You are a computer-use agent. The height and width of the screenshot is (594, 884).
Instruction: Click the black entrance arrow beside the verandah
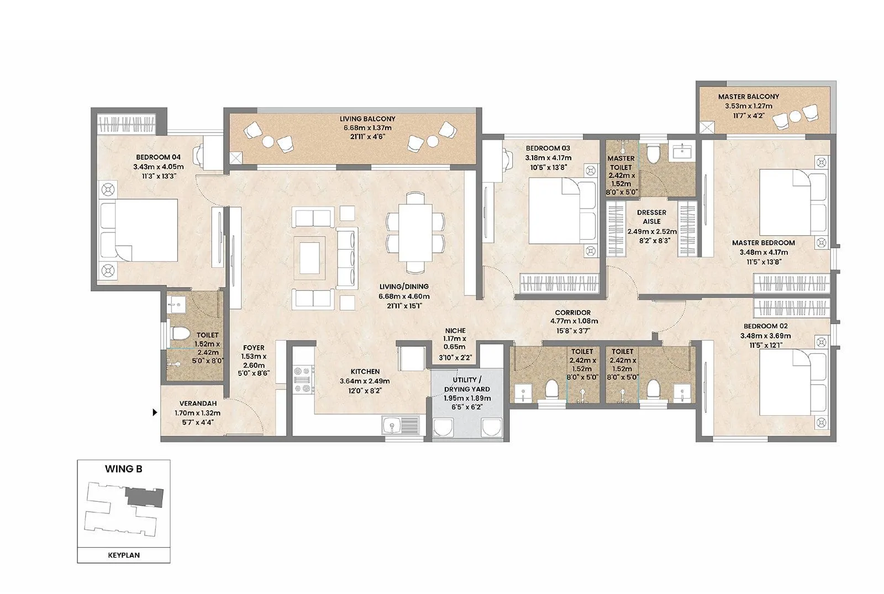155,412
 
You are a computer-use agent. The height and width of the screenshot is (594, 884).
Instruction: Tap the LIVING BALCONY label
367,119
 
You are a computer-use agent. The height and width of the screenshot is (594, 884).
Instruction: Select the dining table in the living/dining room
415,232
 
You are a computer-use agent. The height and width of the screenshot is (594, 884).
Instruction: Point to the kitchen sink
393,426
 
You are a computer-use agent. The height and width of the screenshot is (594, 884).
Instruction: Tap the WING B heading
124,469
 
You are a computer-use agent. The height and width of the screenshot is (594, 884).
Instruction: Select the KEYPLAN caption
124,555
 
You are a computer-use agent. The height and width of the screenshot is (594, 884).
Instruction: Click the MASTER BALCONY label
749,97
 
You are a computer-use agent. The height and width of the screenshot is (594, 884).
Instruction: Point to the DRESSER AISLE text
651,216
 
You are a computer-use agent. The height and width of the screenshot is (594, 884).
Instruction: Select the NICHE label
455,331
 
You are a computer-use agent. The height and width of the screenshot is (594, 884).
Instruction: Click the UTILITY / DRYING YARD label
467,384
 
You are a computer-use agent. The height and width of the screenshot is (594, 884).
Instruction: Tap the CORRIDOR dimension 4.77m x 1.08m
573,321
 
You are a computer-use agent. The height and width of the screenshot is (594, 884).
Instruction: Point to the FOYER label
254,348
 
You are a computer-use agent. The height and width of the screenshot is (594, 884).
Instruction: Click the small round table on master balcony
794,116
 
